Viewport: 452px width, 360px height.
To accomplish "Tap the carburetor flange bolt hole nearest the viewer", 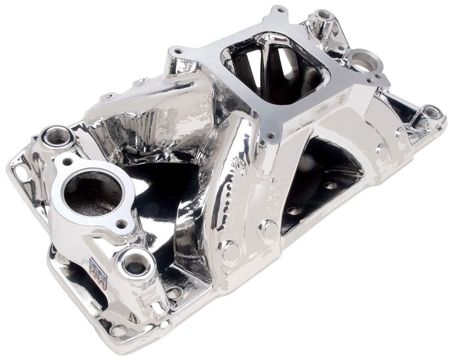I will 271,136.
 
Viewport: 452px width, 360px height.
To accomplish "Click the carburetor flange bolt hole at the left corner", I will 178,51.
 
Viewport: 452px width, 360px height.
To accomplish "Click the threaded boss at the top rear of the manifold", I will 324,15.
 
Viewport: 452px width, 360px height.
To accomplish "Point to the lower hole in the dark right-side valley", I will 294,211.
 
